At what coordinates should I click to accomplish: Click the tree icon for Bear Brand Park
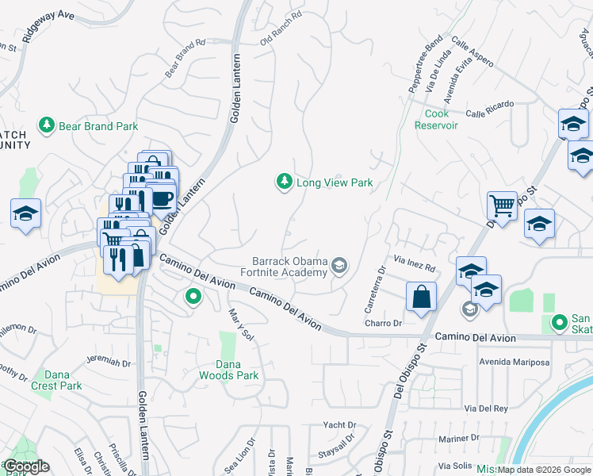coord(47,125)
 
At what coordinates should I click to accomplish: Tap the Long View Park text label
coord(334,182)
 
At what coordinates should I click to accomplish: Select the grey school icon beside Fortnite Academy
coord(340,266)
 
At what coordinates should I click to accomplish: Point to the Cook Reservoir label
coord(432,119)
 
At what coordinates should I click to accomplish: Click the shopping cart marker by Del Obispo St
coord(502,206)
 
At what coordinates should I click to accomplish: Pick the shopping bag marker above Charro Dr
coord(422,297)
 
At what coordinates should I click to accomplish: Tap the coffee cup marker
coord(162,198)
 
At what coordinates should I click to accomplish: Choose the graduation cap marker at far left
coord(25,213)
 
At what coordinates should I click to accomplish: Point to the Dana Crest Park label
coord(56,380)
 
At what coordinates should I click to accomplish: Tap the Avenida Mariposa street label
coord(513,362)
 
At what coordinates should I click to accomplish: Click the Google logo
coord(26,466)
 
